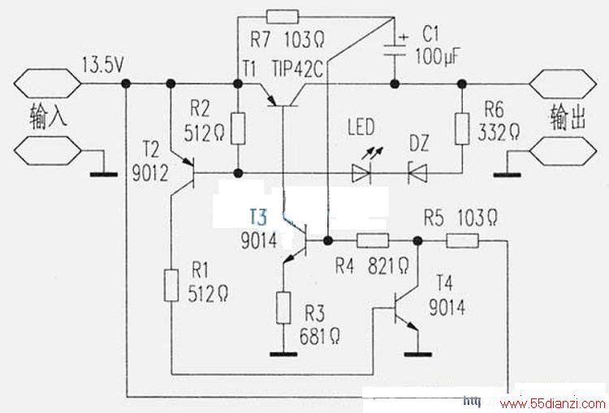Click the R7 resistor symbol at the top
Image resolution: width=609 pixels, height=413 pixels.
(x=283, y=17)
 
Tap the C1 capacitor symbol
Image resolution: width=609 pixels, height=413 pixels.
(x=395, y=50)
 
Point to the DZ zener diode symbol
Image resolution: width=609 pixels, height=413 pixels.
(x=417, y=173)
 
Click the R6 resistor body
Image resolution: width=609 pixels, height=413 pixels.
(x=462, y=129)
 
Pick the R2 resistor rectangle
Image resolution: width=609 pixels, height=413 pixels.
(x=238, y=129)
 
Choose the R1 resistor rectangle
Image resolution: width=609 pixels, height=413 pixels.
(x=171, y=286)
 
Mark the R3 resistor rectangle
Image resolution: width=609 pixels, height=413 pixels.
(x=283, y=308)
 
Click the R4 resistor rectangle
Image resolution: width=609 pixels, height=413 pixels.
(x=373, y=241)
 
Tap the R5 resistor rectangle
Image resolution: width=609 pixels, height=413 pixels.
(x=462, y=241)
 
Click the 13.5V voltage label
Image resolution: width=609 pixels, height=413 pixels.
(x=103, y=66)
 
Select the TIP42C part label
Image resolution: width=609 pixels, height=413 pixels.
(x=297, y=71)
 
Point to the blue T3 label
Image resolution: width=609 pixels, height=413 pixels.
(x=258, y=217)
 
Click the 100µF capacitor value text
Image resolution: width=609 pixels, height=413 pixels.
(x=437, y=57)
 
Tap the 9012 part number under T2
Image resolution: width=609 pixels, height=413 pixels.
(x=150, y=173)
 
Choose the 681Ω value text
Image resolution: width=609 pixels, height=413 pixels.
(x=320, y=335)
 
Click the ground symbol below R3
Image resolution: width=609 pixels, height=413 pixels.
(x=283, y=354)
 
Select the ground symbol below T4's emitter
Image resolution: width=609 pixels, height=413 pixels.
(x=418, y=354)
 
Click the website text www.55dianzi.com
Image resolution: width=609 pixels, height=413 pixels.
(x=553, y=404)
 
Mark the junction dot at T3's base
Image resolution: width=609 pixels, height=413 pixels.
(x=328, y=241)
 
